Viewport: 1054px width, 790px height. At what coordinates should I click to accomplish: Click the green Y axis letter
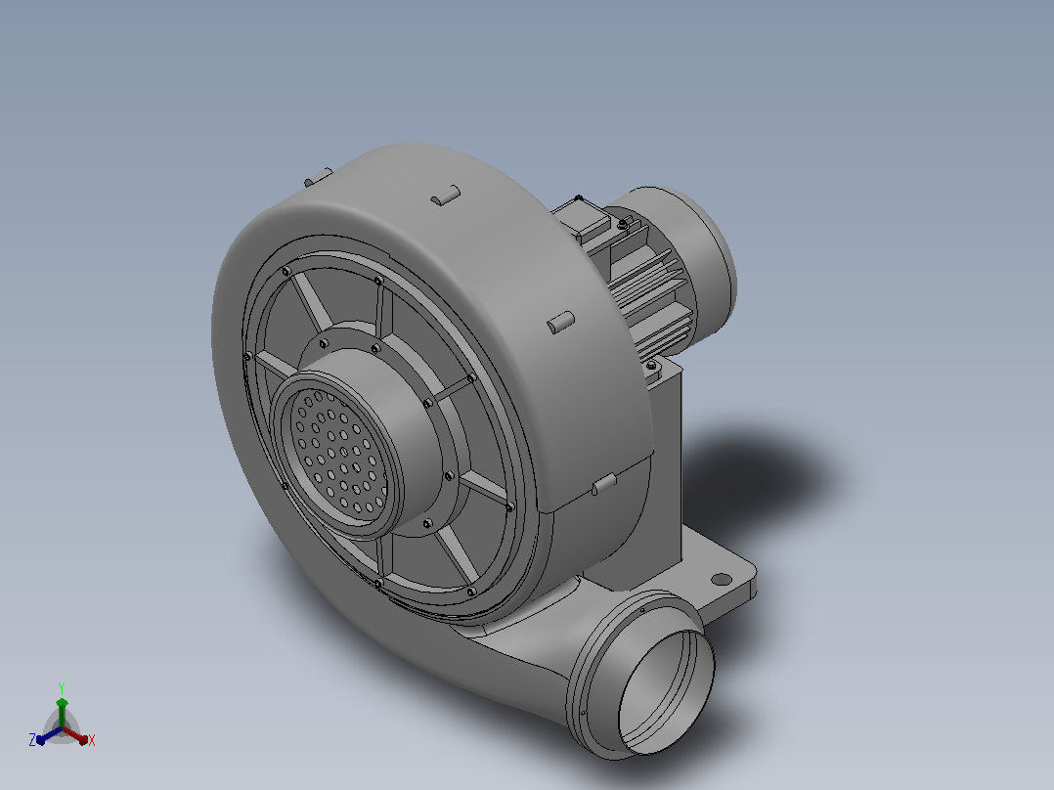point(62,687)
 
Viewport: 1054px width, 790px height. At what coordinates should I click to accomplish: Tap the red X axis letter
point(92,740)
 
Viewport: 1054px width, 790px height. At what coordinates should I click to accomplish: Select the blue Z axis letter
point(32,739)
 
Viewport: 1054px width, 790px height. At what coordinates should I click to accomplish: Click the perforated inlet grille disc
point(338,452)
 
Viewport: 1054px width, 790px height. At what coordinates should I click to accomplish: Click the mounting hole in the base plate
point(721,579)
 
